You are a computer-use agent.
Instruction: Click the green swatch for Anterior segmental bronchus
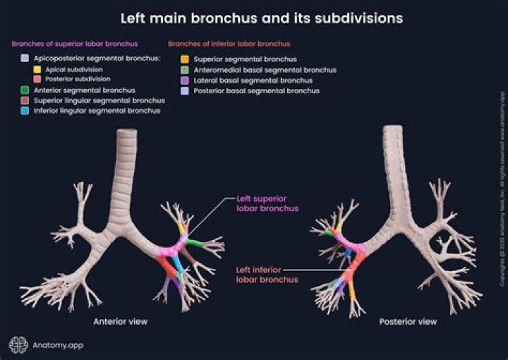[25, 90]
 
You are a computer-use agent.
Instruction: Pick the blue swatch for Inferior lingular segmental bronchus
[25, 111]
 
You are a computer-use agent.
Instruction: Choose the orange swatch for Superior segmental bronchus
[183, 59]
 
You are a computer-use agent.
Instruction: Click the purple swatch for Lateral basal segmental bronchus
[183, 80]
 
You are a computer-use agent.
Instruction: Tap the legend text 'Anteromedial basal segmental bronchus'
[265, 70]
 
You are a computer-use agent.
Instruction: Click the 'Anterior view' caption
[119, 322]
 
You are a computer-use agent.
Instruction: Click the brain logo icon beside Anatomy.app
[17, 344]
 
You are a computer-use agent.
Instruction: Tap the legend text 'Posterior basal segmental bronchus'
[257, 91]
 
